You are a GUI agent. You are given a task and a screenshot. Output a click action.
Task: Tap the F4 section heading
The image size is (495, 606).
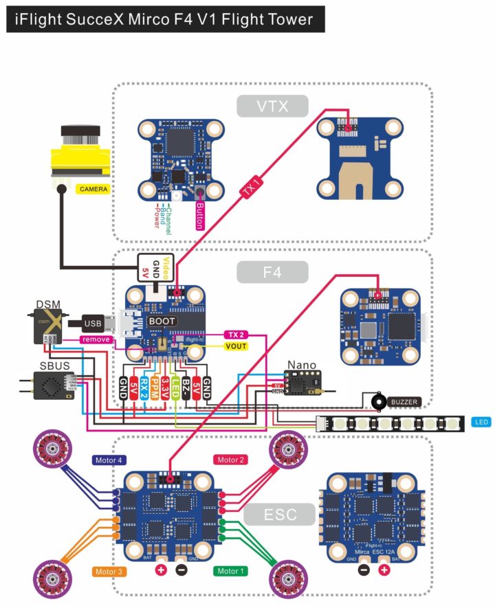click(272, 272)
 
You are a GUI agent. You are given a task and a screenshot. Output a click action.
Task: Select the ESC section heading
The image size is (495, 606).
click(280, 514)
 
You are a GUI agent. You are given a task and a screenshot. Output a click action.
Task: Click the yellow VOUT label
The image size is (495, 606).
click(236, 346)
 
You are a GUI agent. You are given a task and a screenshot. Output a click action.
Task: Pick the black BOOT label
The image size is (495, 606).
click(163, 321)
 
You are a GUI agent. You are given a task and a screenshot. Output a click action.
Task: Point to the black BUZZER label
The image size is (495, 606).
click(404, 402)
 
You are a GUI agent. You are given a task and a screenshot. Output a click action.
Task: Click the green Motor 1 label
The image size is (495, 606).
click(231, 571)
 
